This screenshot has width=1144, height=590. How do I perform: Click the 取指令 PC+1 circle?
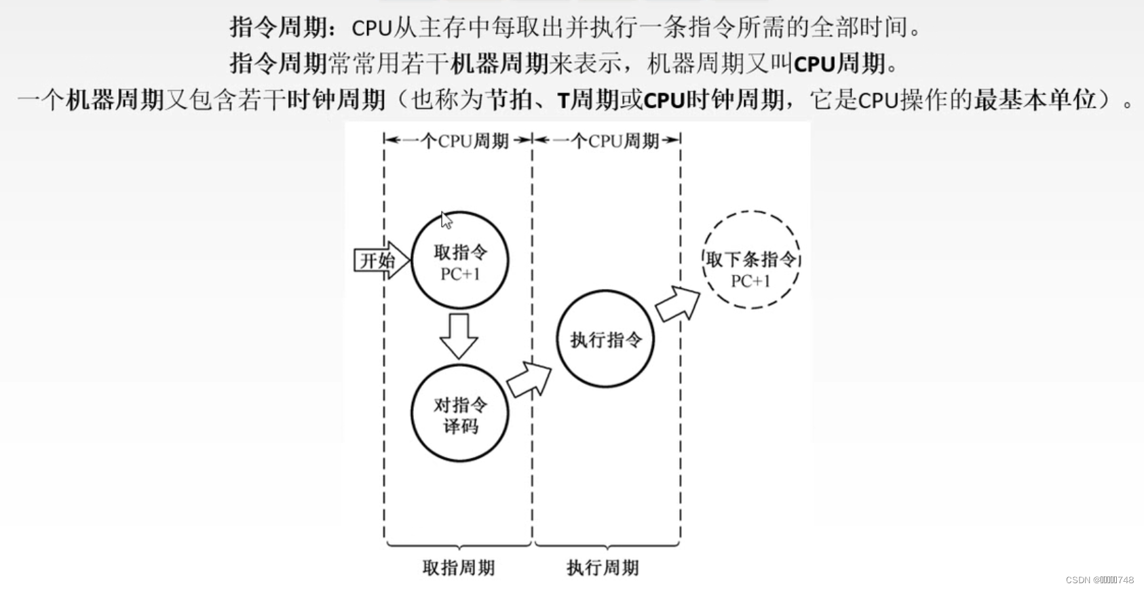tap(460, 260)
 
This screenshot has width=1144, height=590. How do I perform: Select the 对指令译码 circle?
tap(460, 414)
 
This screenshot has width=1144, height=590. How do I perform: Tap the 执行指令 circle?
tap(605, 339)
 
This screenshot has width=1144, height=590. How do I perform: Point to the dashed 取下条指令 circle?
tap(751, 260)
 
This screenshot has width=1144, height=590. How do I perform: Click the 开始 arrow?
tap(381, 260)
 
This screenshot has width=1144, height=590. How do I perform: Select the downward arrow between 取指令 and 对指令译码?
tap(459, 335)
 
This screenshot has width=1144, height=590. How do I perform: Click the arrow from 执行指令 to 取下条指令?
tap(677, 303)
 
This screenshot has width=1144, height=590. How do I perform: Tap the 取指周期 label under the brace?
tap(459, 568)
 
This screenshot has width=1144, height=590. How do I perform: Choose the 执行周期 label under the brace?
tap(603, 568)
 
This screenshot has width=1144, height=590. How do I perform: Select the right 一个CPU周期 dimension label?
tap(607, 140)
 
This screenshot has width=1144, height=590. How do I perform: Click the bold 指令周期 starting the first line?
tap(278, 28)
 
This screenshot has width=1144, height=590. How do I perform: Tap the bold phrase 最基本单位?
tap(1035, 100)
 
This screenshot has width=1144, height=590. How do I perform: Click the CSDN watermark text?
tap(1099, 580)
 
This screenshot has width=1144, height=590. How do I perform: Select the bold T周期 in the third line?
tap(588, 100)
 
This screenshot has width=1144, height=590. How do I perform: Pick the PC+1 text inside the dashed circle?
tap(750, 281)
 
